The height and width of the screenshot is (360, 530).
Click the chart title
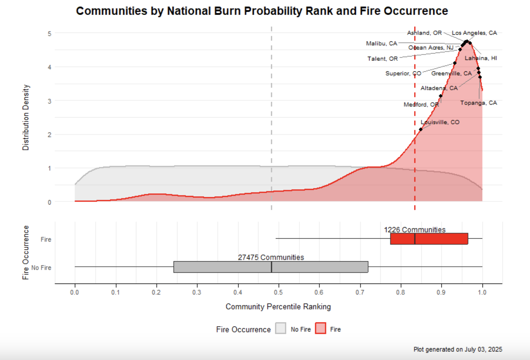click(x=262, y=11)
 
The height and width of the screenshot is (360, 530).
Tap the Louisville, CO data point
click(x=421, y=129)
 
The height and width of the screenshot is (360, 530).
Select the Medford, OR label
click(x=421, y=104)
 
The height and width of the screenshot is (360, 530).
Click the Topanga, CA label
click(x=478, y=103)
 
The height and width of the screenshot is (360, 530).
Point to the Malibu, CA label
click(x=382, y=43)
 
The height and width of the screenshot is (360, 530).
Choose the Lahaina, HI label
click(x=481, y=58)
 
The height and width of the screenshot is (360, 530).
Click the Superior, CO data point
click(x=455, y=63)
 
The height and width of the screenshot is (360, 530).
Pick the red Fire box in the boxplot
click(x=429, y=239)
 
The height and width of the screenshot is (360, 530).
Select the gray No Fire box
click(x=271, y=267)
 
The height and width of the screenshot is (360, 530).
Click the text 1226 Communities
click(x=415, y=230)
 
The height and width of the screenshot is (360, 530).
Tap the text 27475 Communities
click(x=271, y=257)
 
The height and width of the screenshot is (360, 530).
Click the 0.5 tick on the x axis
click(x=279, y=292)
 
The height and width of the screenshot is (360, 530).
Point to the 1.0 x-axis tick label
click(x=482, y=292)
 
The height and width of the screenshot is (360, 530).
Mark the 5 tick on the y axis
click(x=49, y=33)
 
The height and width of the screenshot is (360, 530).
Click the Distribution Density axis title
click(x=26, y=117)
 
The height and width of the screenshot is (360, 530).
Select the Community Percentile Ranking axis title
click(x=278, y=306)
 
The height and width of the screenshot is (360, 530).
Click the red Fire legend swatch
click(x=320, y=328)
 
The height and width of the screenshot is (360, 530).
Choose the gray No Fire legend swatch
click(x=281, y=328)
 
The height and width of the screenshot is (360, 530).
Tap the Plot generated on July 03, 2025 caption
click(x=458, y=349)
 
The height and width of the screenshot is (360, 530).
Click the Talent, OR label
click(x=383, y=59)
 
